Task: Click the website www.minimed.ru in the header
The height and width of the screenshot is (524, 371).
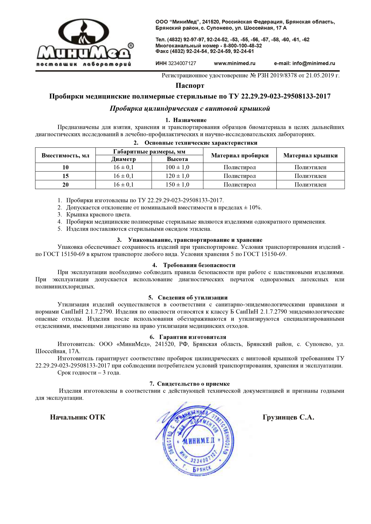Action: [x=234, y=63]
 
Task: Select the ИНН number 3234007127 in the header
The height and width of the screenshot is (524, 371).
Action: [x=182, y=63]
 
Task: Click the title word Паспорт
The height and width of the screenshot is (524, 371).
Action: [x=190, y=86]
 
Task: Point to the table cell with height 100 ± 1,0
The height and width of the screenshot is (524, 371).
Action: [x=177, y=167]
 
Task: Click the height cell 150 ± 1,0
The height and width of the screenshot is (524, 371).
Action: [x=177, y=185]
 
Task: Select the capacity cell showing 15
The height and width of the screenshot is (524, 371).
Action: [x=66, y=176]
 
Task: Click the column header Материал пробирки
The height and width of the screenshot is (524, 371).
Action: [x=240, y=155]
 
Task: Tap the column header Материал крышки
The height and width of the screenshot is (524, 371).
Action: [x=310, y=155]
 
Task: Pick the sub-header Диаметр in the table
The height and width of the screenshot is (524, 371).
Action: [x=123, y=159]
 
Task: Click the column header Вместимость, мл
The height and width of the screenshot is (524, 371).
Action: [x=66, y=155]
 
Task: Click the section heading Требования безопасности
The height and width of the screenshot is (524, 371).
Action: [x=199, y=265]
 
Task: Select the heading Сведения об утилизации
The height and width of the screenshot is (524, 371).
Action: [x=193, y=298]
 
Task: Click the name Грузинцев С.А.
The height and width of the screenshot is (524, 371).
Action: [x=288, y=417]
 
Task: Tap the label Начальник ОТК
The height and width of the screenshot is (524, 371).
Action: [x=78, y=417]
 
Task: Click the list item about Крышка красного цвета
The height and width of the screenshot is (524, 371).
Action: [x=98, y=215]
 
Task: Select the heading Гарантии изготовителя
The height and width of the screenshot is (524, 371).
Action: [x=193, y=337]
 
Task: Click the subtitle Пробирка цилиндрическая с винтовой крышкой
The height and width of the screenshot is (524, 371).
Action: [x=190, y=109]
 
